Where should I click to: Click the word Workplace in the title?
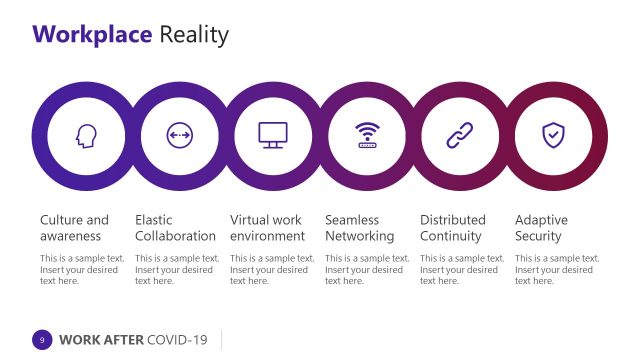[x=93, y=36]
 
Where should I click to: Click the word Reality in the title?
[x=194, y=36]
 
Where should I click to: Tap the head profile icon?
[x=84, y=135]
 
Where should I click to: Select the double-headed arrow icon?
[x=179, y=135]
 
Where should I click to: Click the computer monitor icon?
[x=273, y=135]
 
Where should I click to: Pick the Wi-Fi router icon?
[x=368, y=135]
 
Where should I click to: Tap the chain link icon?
[x=459, y=135]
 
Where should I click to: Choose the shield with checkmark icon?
[x=553, y=135]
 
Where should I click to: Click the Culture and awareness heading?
[x=74, y=228]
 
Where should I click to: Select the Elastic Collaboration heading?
[x=175, y=228]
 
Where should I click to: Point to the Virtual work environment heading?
[x=267, y=228]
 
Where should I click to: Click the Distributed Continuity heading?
[x=452, y=228]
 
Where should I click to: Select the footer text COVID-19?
[x=177, y=340]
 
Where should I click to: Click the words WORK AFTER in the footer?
[x=100, y=340]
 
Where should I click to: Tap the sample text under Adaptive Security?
[x=556, y=269]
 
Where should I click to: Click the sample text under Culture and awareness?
[x=82, y=269]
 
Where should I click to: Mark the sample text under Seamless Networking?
[x=367, y=269]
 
